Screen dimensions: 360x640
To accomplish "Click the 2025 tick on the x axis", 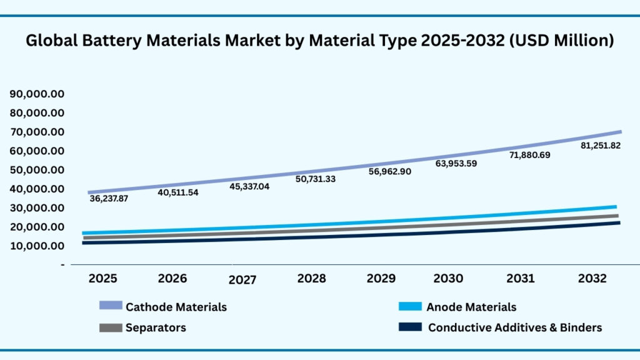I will [x=102, y=278].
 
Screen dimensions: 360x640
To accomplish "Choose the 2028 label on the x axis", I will [x=312, y=279].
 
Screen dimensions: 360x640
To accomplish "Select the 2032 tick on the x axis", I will [x=592, y=279].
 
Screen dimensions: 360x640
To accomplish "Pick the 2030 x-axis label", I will [x=448, y=279].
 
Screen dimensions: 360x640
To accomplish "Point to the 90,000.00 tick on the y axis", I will [x=37, y=94].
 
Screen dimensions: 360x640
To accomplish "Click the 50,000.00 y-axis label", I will [x=37, y=170].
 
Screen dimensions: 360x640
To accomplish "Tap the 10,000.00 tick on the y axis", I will [x=37, y=246].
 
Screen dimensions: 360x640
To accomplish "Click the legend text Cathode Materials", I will [x=176, y=307].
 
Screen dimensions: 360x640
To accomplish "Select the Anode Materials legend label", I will [x=471, y=307].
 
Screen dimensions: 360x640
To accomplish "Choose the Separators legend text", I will [x=156, y=327].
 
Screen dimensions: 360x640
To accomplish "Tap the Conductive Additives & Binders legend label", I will [x=515, y=327].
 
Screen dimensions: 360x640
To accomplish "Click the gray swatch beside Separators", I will [x=111, y=327].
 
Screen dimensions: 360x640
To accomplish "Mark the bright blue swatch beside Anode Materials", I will [x=409, y=306].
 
